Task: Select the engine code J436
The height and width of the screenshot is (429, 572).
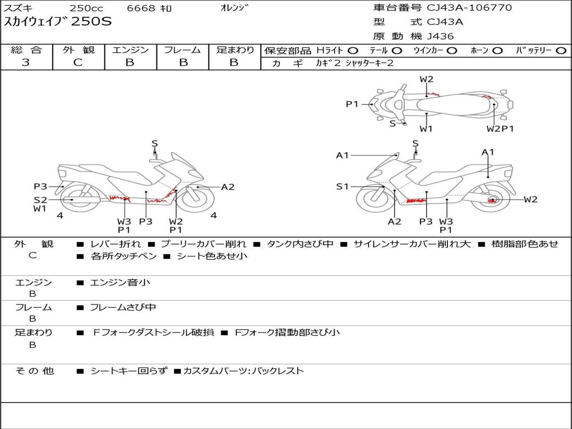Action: point(441,36)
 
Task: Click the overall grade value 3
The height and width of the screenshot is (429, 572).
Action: point(26,63)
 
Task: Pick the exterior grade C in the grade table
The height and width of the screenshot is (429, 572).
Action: point(78,63)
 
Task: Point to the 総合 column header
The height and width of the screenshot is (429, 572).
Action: point(26,50)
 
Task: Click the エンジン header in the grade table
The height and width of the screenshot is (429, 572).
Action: point(130,50)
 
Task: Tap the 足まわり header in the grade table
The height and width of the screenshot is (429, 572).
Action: point(235,50)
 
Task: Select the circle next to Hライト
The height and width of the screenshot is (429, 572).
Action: point(353,51)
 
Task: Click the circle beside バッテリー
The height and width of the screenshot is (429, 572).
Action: point(560,51)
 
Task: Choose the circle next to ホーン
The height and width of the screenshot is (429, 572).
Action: point(497,51)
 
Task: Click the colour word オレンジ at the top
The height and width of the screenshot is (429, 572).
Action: point(232,8)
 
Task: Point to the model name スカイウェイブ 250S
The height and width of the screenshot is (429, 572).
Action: point(58,22)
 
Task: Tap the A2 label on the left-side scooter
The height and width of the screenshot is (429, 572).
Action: point(228,187)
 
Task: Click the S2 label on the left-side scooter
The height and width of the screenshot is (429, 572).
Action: point(40,199)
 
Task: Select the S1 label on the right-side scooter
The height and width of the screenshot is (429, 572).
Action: point(342,187)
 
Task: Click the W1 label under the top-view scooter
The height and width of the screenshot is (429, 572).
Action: point(426,129)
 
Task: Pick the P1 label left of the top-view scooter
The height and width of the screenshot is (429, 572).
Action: point(352,104)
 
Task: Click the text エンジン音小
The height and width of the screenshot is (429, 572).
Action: point(120,283)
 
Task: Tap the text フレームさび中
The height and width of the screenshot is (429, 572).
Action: point(123,307)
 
